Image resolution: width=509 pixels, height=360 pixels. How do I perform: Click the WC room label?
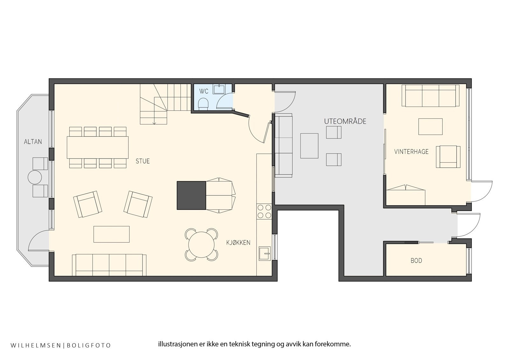pos(204,92)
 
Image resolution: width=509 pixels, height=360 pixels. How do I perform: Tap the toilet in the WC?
pos(203,103)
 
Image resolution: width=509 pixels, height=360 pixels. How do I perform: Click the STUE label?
pos(143,161)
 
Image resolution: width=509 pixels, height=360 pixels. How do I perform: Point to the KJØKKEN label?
pos(238,243)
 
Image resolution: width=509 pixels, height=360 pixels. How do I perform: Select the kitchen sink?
pos(264,254)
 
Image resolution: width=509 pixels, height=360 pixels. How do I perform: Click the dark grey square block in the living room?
pos(191,195)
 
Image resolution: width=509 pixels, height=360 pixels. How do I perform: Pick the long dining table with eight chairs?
pos(98,147)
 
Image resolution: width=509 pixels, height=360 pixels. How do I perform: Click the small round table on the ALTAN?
pos(35,177)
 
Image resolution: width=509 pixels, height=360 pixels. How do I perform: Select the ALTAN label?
pos(33,142)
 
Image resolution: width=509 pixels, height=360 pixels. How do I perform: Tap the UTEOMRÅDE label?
pos(345,121)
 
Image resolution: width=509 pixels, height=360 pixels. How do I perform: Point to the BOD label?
pos(416,261)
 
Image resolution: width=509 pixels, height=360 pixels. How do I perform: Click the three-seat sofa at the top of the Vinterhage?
pos(430,95)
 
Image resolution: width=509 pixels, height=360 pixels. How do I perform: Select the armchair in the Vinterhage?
pos(448,157)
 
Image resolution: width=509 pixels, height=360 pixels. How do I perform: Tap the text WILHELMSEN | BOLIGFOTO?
pos(61,345)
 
